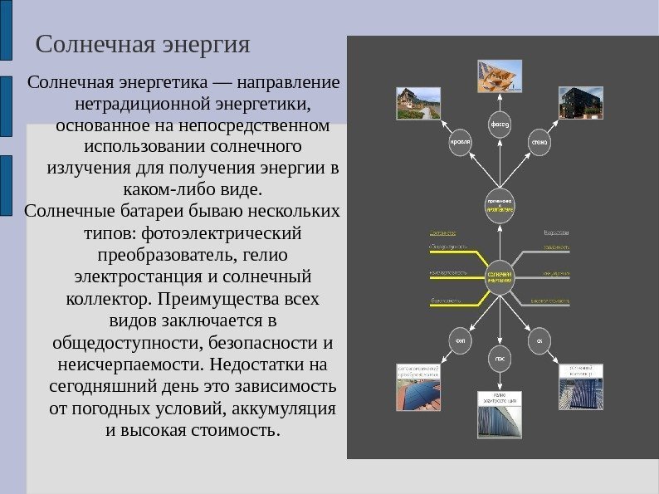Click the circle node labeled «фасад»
pyautogui.click(x=499, y=125)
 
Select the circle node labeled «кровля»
pyautogui.click(x=461, y=143)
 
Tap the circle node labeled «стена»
pyautogui.click(x=539, y=143)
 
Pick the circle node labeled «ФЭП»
pyautogui.click(x=461, y=340)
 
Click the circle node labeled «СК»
pyautogui.click(x=539, y=340)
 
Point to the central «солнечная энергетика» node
pyautogui.click(x=500, y=276)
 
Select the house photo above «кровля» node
pyautogui.click(x=417, y=103)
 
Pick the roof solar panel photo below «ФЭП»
pyautogui.click(x=418, y=391)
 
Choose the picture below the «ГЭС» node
pyautogui.click(x=500, y=419)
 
